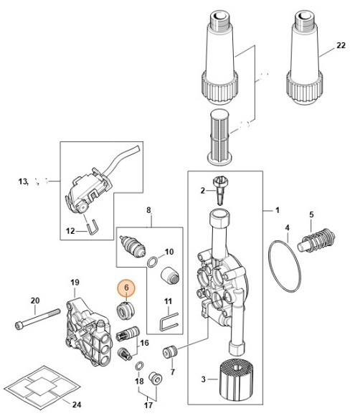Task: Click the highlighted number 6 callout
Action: pos(125,288)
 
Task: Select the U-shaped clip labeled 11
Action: pos(167,320)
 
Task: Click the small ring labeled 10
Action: pos(153,261)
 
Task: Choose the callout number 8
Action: pos(149,210)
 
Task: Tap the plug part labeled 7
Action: pos(171,353)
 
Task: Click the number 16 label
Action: pos(145,344)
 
